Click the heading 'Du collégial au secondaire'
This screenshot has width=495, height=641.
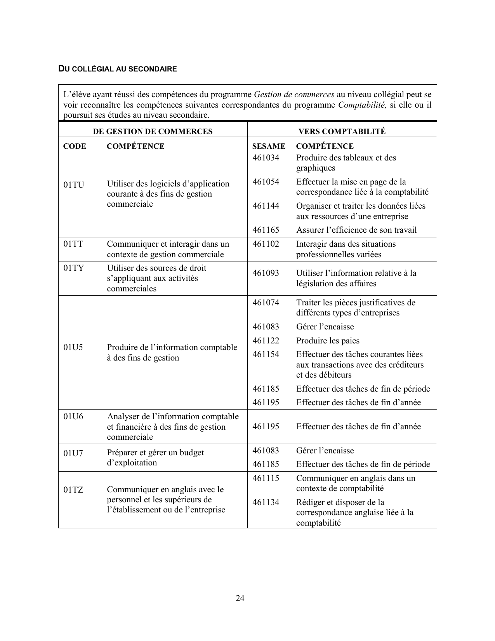tap(117, 69)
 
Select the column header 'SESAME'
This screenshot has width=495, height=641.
tap(269, 146)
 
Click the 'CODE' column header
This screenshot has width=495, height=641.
tap(75, 146)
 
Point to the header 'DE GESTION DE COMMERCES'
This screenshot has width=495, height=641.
tap(153, 131)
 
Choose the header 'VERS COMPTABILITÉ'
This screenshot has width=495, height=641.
tap(342, 131)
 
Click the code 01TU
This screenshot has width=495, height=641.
tap(73, 185)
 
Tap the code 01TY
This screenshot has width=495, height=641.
tap(73, 268)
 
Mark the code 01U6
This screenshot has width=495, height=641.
tap(73, 416)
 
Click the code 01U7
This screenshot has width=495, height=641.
tap(73, 453)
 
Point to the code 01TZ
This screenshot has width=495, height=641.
tap(73, 489)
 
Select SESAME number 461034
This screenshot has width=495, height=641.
tap(266, 158)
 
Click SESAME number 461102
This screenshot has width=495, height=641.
tap(266, 244)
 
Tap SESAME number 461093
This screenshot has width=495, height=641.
tap(266, 273)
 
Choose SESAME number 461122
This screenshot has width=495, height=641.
tap(266, 341)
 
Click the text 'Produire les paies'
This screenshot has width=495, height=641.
tap(328, 341)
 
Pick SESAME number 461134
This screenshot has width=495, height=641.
tap(266, 502)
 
